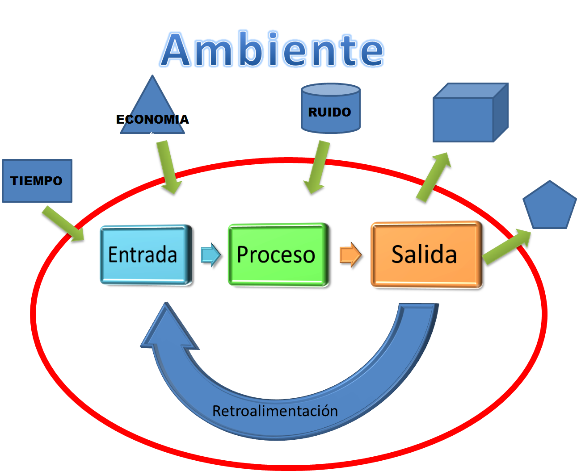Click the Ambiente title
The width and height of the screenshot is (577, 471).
tap(272, 49)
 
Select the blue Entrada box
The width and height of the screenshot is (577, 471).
tap(146, 254)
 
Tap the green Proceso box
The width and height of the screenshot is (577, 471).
tap(278, 254)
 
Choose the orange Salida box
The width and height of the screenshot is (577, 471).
tap(426, 254)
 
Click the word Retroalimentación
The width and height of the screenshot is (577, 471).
tap(275, 411)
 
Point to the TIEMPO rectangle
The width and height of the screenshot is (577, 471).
tap(37, 181)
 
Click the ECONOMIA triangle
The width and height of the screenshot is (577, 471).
tap(152, 104)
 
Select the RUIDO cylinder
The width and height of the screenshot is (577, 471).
tap(330, 108)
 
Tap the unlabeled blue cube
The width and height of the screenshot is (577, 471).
tap(471, 113)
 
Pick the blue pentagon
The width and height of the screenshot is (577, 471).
tap(550, 205)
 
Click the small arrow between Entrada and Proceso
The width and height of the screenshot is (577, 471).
tap(211, 254)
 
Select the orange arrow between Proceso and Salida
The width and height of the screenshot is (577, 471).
tap(351, 254)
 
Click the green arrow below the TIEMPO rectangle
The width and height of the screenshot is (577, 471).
tap(63, 224)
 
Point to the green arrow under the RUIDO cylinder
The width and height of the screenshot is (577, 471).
tap(317, 167)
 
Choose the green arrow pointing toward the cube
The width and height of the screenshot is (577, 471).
tap(434, 177)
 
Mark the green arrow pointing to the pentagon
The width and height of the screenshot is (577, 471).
tap(506, 247)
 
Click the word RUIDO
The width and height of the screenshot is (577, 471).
tap(330, 113)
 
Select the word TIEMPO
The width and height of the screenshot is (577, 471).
tap(36, 181)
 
